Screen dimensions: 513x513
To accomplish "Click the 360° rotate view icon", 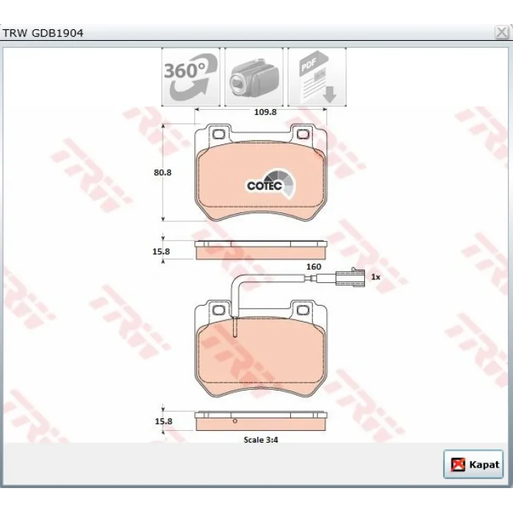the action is click(191, 77).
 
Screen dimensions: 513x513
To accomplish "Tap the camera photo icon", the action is click(254, 77).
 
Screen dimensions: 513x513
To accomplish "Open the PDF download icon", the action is click(317, 77).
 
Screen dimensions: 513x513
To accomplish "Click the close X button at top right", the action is click(501, 33).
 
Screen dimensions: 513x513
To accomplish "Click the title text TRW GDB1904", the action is click(43, 33).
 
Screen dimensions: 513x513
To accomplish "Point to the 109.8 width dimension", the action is click(265, 112).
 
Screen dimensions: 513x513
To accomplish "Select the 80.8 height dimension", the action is click(163, 172).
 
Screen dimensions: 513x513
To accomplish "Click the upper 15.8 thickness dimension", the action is click(161, 251).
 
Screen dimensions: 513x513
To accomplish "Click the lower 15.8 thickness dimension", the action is click(163, 421).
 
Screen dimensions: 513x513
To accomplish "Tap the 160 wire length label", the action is click(314, 267).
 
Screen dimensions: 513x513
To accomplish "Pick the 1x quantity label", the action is click(375, 277).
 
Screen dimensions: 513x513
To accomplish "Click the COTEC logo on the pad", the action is click(271, 184).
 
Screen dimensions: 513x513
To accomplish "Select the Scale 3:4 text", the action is click(261, 440).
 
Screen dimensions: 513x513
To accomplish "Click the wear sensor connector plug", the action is click(350, 278).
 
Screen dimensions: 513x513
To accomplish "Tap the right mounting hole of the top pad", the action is click(303, 134).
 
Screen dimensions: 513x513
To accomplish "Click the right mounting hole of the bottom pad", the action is click(303, 310).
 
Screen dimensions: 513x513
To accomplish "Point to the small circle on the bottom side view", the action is click(235, 421).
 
